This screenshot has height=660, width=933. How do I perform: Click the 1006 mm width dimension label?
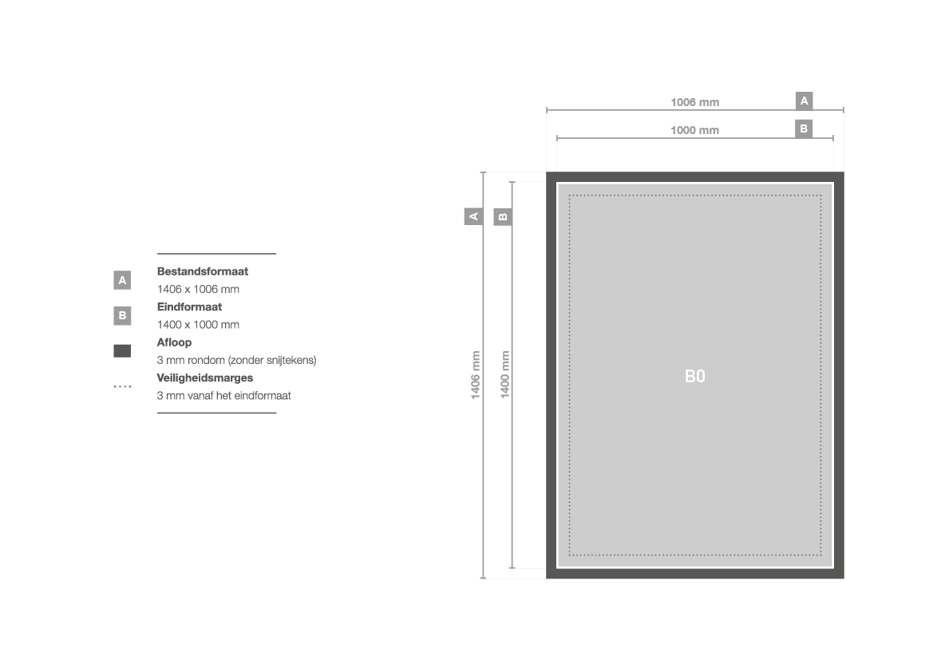click(694, 102)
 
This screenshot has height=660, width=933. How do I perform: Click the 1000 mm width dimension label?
click(694, 130)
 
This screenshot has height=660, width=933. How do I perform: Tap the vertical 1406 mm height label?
click(476, 375)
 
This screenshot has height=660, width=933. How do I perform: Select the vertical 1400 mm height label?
click(504, 375)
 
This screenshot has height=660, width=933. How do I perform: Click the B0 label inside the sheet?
click(695, 376)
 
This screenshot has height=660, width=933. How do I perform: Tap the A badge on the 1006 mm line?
click(804, 101)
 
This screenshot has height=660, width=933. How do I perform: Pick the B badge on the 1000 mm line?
click(804, 128)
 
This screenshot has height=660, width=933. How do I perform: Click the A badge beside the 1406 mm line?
click(473, 216)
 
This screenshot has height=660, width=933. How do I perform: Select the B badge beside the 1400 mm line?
click(503, 216)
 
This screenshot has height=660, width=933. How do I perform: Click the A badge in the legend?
click(122, 280)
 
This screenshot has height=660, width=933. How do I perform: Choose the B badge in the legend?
click(122, 315)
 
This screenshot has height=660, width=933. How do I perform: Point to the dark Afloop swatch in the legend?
click(122, 351)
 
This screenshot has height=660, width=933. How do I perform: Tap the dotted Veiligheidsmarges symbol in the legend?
click(123, 387)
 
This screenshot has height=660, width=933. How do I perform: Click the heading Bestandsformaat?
click(202, 271)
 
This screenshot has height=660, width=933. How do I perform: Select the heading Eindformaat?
click(189, 307)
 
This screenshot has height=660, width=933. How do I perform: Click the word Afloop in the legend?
click(174, 343)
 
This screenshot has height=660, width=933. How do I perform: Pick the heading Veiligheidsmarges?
click(204, 378)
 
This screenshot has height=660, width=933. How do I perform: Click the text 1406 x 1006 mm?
click(198, 289)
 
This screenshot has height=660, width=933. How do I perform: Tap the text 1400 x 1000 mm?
click(198, 325)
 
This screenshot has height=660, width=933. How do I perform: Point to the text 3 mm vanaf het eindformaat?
click(223, 396)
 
